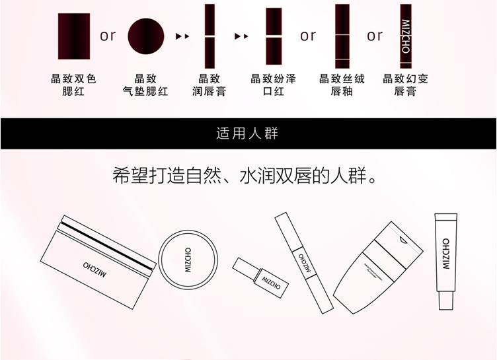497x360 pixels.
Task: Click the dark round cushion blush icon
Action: pyautogui.click(x=145, y=36)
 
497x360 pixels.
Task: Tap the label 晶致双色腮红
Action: pyautogui.click(x=73, y=85)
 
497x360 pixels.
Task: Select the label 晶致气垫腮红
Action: pyautogui.click(x=145, y=85)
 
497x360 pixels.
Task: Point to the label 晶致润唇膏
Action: pyautogui.click(x=210, y=85)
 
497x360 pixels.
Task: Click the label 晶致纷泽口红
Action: pyautogui.click(x=273, y=85)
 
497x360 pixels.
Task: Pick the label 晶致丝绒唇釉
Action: pyautogui.click(x=342, y=85)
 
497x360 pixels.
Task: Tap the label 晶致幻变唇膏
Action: pyautogui.click(x=405, y=85)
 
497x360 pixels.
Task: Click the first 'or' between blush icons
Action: pyautogui.click(x=107, y=36)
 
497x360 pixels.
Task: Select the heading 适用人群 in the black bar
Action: pyautogui.click(x=248, y=134)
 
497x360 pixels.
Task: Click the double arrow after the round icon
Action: pyautogui.click(x=182, y=36)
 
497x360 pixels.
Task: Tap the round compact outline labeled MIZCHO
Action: pyautogui.click(x=187, y=258)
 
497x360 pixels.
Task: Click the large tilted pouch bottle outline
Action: pyautogui.click(x=379, y=267)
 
